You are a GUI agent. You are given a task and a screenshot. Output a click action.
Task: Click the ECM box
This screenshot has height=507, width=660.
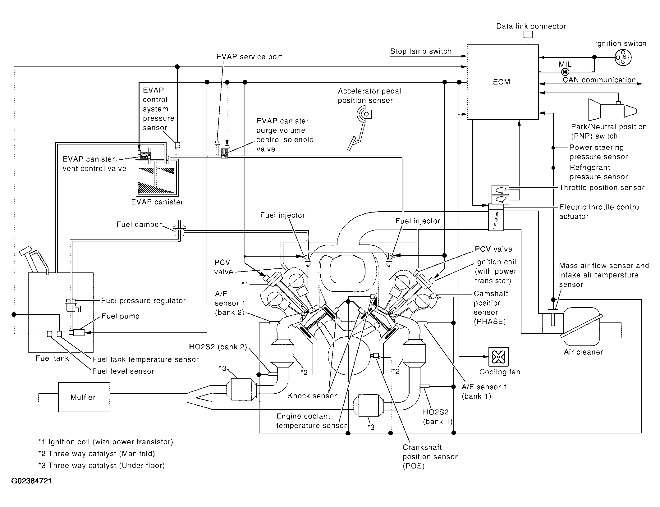pos(503,82)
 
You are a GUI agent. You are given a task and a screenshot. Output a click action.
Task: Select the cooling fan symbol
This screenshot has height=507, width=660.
pos(498,357)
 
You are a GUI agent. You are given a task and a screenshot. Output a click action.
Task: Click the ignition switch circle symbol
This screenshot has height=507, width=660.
pos(623,57)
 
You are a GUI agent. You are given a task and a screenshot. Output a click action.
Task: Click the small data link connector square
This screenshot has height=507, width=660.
pos(528,34)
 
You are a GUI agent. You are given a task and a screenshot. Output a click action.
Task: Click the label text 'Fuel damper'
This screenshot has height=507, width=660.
pos(139,224)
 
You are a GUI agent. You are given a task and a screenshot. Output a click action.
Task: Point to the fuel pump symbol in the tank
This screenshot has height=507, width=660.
pos(79,332)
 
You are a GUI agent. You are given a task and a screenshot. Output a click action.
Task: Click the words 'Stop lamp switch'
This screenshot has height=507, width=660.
pos(421,51)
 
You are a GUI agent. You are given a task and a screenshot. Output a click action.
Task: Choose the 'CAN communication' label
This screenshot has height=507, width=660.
pos(599,80)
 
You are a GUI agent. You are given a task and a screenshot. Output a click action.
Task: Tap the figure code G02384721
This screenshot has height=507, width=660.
pos(31,481)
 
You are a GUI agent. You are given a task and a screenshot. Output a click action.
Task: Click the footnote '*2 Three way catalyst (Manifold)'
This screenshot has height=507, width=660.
pos(96,454)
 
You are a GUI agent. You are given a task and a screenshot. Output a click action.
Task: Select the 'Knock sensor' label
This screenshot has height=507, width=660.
pos(312,395)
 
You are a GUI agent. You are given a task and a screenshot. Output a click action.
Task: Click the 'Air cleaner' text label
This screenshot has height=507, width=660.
pos(583,352)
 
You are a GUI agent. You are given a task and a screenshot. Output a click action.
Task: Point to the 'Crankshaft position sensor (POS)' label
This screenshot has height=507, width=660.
pos(430,457)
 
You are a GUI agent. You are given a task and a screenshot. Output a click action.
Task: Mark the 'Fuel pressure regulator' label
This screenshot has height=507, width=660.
pos(144,300)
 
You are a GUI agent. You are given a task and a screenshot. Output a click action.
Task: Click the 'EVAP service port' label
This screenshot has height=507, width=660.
pos(249,57)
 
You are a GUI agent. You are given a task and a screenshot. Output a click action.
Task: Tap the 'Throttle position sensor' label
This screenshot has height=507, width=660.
pos(602,187)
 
